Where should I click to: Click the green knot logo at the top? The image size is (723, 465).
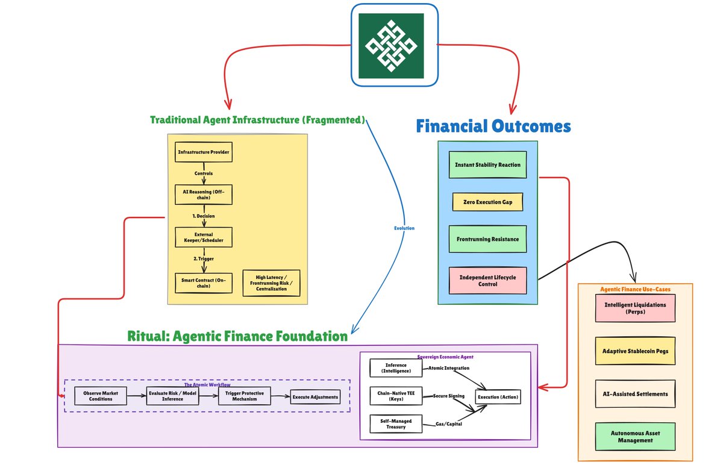pyautogui.click(x=391, y=46)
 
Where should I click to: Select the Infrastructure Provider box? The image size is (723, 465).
pyautogui.click(x=204, y=152)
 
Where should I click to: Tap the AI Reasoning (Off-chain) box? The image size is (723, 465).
pyautogui.click(x=204, y=195)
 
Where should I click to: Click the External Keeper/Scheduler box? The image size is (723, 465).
pyautogui.click(x=204, y=237)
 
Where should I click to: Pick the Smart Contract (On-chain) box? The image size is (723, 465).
pyautogui.click(x=204, y=283)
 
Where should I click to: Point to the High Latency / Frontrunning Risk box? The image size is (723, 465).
pyautogui.click(x=271, y=283)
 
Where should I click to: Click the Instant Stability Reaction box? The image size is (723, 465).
pyautogui.click(x=487, y=164)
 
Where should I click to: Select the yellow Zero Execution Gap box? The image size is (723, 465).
pyautogui.click(x=487, y=202)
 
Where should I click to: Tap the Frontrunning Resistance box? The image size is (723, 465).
pyautogui.click(x=487, y=239)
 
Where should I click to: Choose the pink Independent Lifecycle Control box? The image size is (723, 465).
pyautogui.click(x=487, y=281)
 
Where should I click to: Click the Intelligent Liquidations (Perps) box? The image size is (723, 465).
pyautogui.click(x=635, y=308)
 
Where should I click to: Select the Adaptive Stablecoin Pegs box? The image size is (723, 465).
pyautogui.click(x=635, y=351)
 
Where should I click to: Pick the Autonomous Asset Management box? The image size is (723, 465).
pyautogui.click(x=635, y=437)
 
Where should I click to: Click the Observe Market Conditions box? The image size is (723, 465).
pyautogui.click(x=101, y=396)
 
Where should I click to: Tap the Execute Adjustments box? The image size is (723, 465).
pyautogui.click(x=315, y=397)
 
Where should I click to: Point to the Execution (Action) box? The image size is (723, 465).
pyautogui.click(x=498, y=397)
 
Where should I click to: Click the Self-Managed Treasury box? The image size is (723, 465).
pyautogui.click(x=396, y=423)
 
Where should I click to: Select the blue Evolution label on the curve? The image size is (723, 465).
pyautogui.click(x=404, y=228)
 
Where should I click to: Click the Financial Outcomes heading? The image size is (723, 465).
pyautogui.click(x=493, y=126)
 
